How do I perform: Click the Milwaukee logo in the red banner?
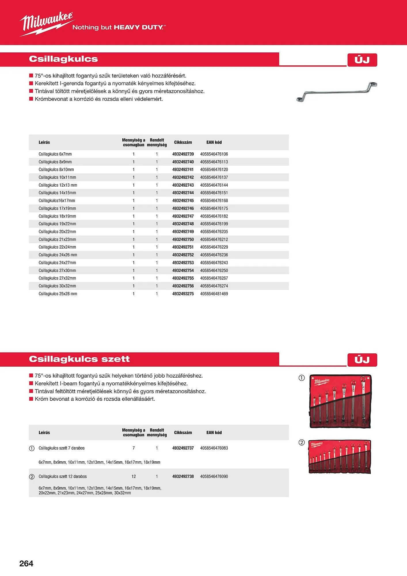point(46,24)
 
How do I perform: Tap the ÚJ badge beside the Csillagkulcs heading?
point(362,60)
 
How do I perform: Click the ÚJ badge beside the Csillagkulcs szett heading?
point(362,360)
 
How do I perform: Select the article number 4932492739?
point(183,154)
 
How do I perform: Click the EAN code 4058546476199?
point(214,224)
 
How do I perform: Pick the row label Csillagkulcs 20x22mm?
point(57,232)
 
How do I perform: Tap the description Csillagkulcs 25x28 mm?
point(58,294)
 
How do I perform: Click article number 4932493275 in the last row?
point(183,294)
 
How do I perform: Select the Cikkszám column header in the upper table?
point(183,142)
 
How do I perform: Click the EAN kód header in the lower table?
point(214,432)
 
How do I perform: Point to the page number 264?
point(26,563)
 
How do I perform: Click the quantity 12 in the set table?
point(134,476)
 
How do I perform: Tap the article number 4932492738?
point(183,476)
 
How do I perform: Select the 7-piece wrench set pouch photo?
point(341,401)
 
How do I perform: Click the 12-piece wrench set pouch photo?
point(340,457)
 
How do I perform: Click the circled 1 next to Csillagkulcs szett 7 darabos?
point(32,448)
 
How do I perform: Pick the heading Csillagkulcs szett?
point(79,359)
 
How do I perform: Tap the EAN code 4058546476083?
point(214,448)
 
